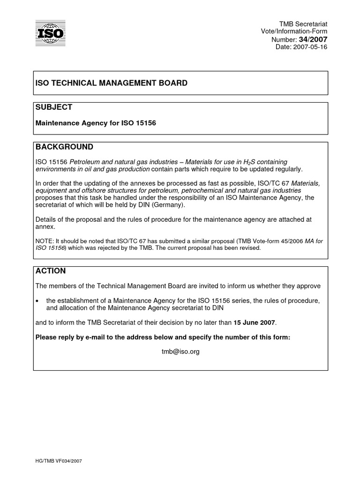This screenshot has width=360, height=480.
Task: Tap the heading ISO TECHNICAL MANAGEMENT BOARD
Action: tap(112, 83)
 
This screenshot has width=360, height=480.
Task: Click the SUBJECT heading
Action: tap(54, 107)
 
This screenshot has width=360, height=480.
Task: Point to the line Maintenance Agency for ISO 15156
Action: tap(96, 123)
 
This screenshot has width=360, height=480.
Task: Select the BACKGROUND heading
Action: tap(64, 147)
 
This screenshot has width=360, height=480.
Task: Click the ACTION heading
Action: tap(51, 271)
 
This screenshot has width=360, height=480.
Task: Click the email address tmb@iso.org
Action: tap(180, 352)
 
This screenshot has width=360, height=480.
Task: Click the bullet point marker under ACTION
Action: tap(37, 300)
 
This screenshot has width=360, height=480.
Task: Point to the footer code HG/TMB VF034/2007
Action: tap(59, 461)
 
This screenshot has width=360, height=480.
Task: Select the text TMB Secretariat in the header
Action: tap(310, 23)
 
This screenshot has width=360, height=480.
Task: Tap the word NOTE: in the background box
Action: tap(45, 241)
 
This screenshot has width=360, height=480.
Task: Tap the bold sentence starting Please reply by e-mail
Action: tap(163, 337)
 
